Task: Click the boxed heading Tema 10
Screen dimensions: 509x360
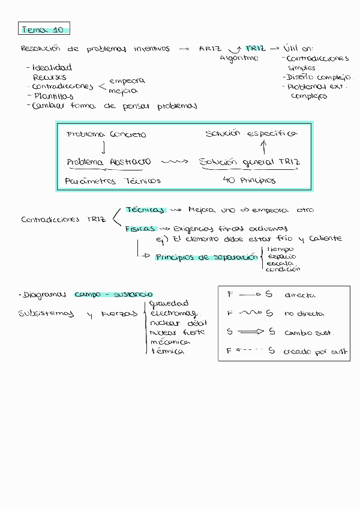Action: coord(44,29)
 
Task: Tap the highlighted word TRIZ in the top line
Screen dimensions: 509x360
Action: coord(255,49)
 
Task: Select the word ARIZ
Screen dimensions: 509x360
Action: coord(210,49)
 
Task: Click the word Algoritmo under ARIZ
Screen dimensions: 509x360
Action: coord(239,58)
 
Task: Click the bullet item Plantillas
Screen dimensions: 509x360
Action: coord(54,96)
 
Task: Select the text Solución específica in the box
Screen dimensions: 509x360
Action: coord(250,133)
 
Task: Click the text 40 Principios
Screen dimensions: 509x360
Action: coord(248,180)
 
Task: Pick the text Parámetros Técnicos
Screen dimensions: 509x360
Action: coord(113,181)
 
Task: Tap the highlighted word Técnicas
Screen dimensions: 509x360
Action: coord(145,210)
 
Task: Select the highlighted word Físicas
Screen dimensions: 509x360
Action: coord(140,229)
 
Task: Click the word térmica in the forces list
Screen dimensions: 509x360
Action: coord(167,351)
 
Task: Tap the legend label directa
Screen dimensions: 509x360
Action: coord(300,295)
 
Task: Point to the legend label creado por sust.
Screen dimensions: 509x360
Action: coord(316,352)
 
